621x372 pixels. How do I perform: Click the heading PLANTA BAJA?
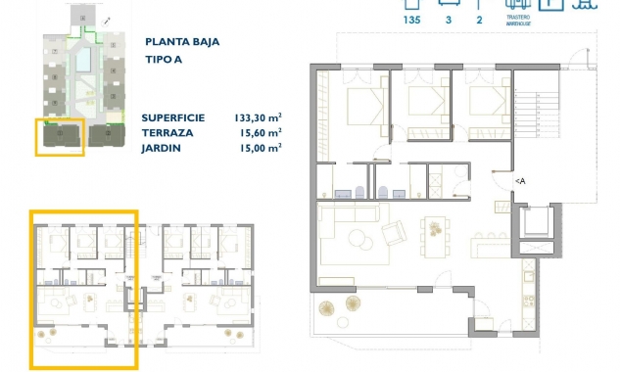click(x=182, y=42)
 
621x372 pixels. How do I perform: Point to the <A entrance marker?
click(x=520, y=181)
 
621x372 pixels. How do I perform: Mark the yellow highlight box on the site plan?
click(x=60, y=137)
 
